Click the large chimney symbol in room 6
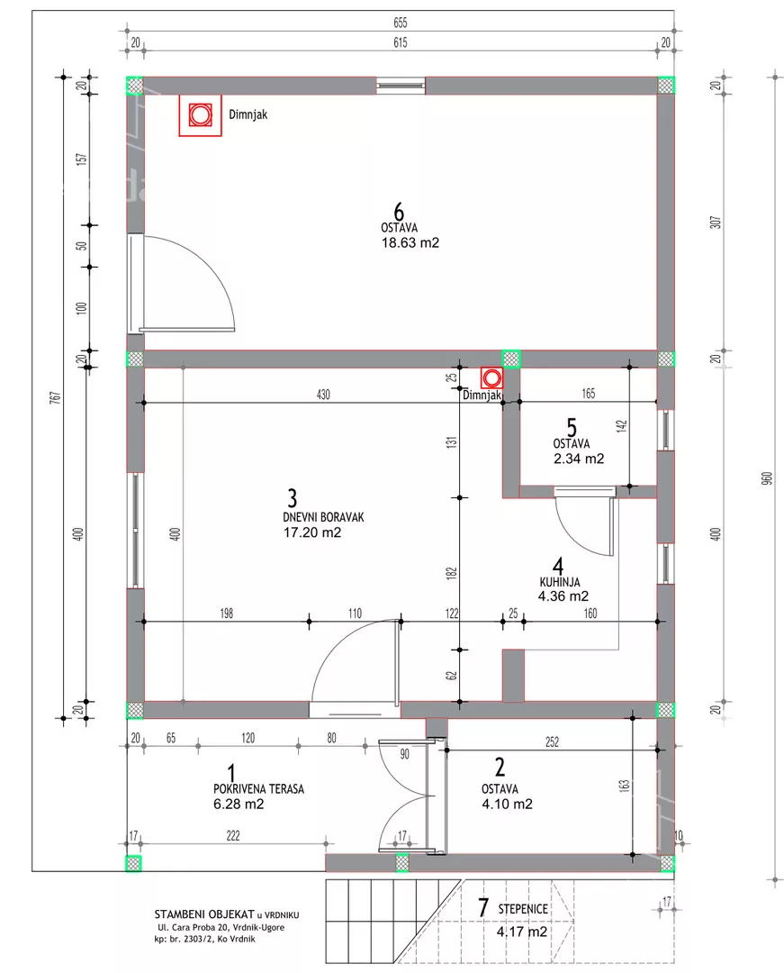(200, 115)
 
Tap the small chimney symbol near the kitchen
(491, 377)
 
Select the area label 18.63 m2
(410, 242)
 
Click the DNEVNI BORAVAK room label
(323, 517)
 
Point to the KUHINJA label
(560, 582)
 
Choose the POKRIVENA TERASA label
(258, 789)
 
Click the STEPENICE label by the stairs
(523, 909)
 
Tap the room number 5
(572, 428)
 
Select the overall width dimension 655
(401, 23)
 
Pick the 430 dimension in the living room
(323, 395)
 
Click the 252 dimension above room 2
(552, 741)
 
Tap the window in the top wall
(401, 86)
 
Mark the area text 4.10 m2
(507, 805)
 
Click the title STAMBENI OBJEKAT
(204, 914)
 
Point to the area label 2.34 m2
(578, 459)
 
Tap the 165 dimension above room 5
(588, 394)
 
